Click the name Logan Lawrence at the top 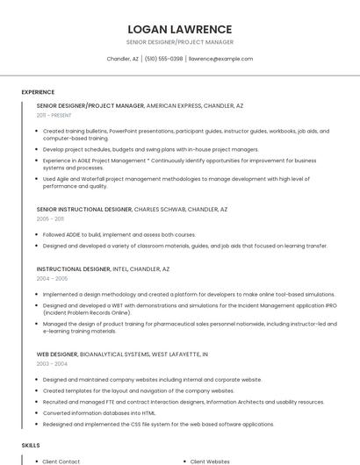[180, 29]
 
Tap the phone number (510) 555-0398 [164, 59]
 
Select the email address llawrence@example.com [221, 59]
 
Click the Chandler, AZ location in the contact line [123, 59]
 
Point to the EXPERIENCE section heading [38, 92]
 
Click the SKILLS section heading [31, 446]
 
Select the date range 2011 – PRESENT [54, 115]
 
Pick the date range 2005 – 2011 [50, 219]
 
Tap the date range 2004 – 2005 [52, 278]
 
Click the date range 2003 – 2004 [52, 363]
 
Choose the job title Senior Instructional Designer [83, 210]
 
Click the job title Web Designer [56, 354]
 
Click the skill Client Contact [61, 461]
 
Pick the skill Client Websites [210, 461]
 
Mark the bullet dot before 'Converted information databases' [37, 413]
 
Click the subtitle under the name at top [180, 42]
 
